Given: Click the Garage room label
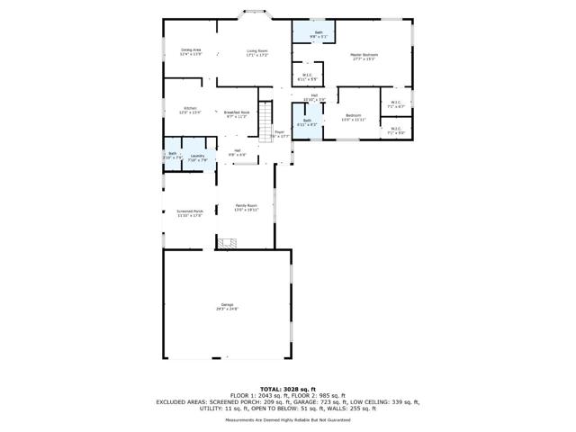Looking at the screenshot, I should (x=227, y=307).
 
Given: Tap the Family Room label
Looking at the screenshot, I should (x=246, y=207).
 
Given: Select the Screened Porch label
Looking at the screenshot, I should (x=190, y=213).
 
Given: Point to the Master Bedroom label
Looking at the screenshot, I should (x=364, y=57).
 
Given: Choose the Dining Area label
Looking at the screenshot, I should (x=191, y=51).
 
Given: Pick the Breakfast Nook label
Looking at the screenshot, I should (x=238, y=114).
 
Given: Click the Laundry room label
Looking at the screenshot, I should (x=198, y=158).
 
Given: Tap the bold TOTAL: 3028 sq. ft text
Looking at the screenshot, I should (x=287, y=389).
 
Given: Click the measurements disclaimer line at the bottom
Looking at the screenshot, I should (x=287, y=419).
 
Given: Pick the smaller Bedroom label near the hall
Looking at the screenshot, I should (x=354, y=117).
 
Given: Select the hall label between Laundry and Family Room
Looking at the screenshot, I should (x=237, y=152).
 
